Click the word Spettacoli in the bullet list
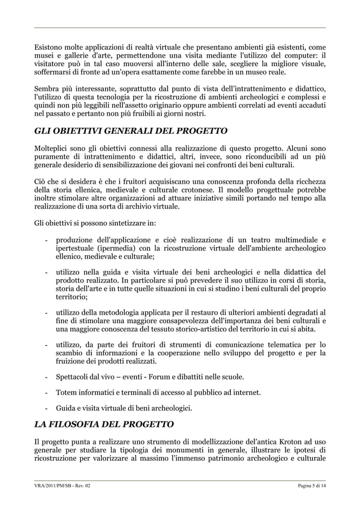point(76,377)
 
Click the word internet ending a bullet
point(247,393)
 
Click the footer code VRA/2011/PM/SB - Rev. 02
point(63,486)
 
